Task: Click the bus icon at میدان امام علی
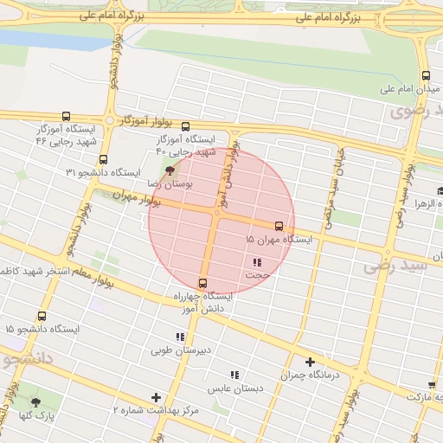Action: tap(425, 74)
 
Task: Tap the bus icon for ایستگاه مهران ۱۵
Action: tap(278, 224)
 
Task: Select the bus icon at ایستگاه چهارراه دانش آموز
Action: tap(203, 283)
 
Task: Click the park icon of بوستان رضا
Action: tap(169, 171)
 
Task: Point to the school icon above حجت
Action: tap(256, 262)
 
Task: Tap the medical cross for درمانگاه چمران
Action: tap(310, 362)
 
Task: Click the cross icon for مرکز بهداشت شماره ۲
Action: tap(156, 397)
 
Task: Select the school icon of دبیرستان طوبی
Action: tap(180, 337)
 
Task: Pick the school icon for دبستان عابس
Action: tap(234, 375)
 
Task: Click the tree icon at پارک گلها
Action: tap(35, 402)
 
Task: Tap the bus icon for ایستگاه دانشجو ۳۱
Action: tap(103, 159)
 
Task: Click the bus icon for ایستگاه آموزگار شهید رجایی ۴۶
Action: tap(66, 116)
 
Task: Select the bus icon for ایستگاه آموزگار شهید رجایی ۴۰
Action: tap(184, 126)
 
